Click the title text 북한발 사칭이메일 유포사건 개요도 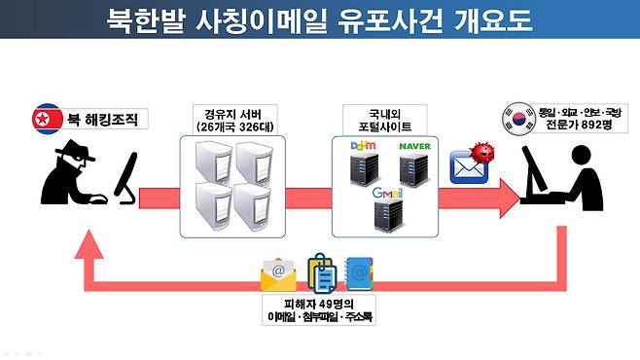(x=319, y=20)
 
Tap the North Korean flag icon (x=43, y=119)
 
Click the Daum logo (x=362, y=147)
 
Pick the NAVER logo (x=420, y=148)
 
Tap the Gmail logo (x=389, y=192)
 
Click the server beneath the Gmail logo (x=389, y=215)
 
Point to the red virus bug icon (x=478, y=154)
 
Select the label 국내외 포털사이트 (x=389, y=120)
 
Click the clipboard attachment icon (x=320, y=271)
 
